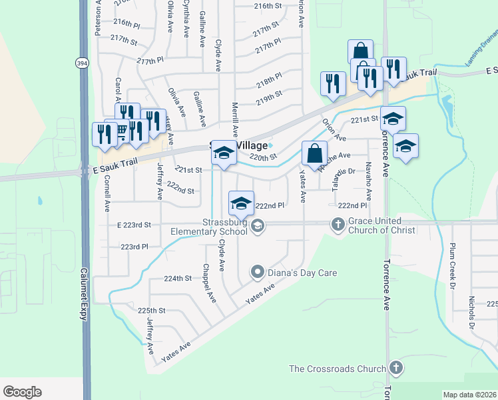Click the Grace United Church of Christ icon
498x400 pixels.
point(338,225)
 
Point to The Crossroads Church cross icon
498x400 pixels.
point(395,368)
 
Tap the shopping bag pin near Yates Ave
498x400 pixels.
point(314,153)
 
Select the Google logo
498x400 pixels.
point(22,392)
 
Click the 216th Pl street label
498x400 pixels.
point(126,23)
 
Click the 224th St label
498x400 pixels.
point(178,278)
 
